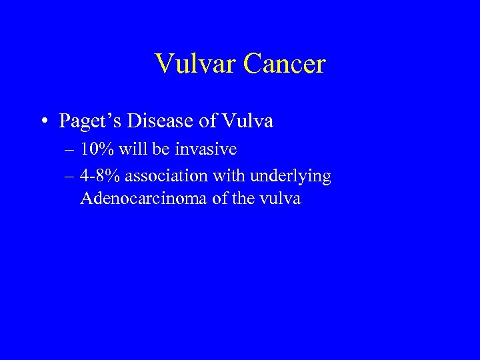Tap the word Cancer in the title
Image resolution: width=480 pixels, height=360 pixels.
point(283,65)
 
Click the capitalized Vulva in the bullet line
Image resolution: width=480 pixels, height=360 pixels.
point(247,121)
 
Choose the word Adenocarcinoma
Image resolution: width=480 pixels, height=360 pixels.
point(143,198)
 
